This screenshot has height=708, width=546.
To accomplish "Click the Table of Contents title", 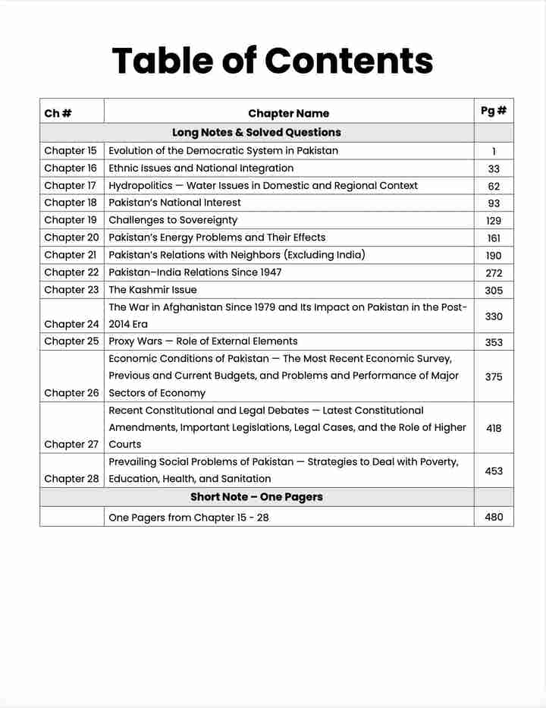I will (x=272, y=61).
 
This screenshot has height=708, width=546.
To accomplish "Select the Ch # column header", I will (x=58, y=113).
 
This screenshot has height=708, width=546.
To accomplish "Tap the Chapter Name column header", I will (x=288, y=113).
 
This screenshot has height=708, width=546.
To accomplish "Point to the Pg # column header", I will (x=494, y=111).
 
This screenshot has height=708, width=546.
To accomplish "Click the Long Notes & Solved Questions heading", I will (x=256, y=132).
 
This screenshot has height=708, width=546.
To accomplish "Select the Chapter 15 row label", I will (x=71, y=150).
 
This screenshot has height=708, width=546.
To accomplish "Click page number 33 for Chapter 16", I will (x=494, y=169).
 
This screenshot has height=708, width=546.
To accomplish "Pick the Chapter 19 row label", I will (x=71, y=220).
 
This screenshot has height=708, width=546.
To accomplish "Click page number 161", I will (x=494, y=238).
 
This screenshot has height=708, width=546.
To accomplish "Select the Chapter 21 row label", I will (x=71, y=255).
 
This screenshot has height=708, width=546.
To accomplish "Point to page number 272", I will (x=494, y=273).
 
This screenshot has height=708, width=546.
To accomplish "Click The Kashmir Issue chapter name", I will (x=152, y=289).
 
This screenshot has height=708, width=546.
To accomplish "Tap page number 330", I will (x=494, y=316).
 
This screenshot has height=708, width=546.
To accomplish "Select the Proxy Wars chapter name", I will (x=202, y=341).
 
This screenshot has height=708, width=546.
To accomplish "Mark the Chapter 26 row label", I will (x=71, y=393).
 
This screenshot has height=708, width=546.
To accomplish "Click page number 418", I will (x=494, y=428).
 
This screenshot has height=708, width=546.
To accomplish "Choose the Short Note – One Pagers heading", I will (x=256, y=497).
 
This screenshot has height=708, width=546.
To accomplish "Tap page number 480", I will (x=494, y=518).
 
